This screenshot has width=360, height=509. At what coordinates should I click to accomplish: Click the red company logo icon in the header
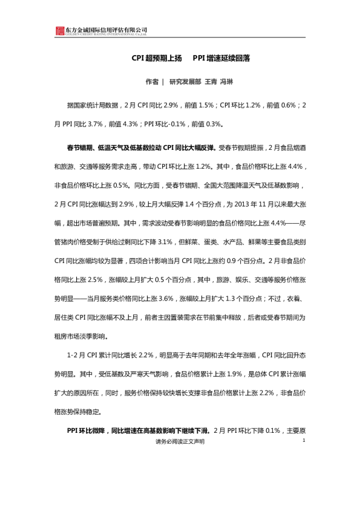click(x=59, y=31)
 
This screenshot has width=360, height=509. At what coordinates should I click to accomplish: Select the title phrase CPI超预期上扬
click(x=157, y=60)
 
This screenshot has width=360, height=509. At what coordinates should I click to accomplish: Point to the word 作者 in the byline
click(x=152, y=81)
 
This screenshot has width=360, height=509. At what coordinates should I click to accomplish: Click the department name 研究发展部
click(x=185, y=81)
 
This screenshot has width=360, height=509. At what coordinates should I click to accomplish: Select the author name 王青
click(x=211, y=81)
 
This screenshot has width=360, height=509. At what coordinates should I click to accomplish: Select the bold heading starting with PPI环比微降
click(x=138, y=432)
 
